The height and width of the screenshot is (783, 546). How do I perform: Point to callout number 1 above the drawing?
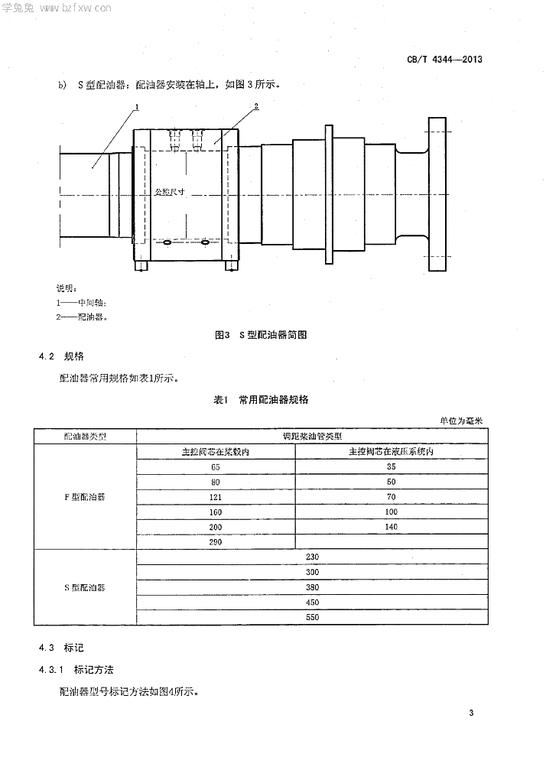pyautogui.click(x=135, y=106)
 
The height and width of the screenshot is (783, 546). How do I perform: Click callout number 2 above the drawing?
pyautogui.click(x=256, y=106)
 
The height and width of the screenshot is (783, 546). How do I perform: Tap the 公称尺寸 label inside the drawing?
pyautogui.click(x=170, y=193)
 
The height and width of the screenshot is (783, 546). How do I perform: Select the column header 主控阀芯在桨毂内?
pyautogui.click(x=216, y=451)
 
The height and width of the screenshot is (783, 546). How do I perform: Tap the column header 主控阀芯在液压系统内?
pyautogui.click(x=391, y=451)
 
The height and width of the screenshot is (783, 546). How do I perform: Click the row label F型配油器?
pyautogui.click(x=84, y=496)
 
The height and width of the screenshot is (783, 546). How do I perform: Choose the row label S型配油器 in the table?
pyautogui.click(x=84, y=587)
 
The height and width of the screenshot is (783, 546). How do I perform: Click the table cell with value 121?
pyautogui.click(x=216, y=497)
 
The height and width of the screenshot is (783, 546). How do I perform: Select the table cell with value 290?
pyautogui.click(x=216, y=541)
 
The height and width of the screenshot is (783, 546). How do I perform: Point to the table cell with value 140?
pyautogui.click(x=391, y=527)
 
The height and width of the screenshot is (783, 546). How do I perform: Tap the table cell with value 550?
pyautogui.click(x=312, y=616)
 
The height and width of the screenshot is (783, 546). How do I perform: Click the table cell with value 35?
pyautogui.click(x=391, y=466)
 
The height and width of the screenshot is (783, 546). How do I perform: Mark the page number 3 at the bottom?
pyautogui.click(x=472, y=713)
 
